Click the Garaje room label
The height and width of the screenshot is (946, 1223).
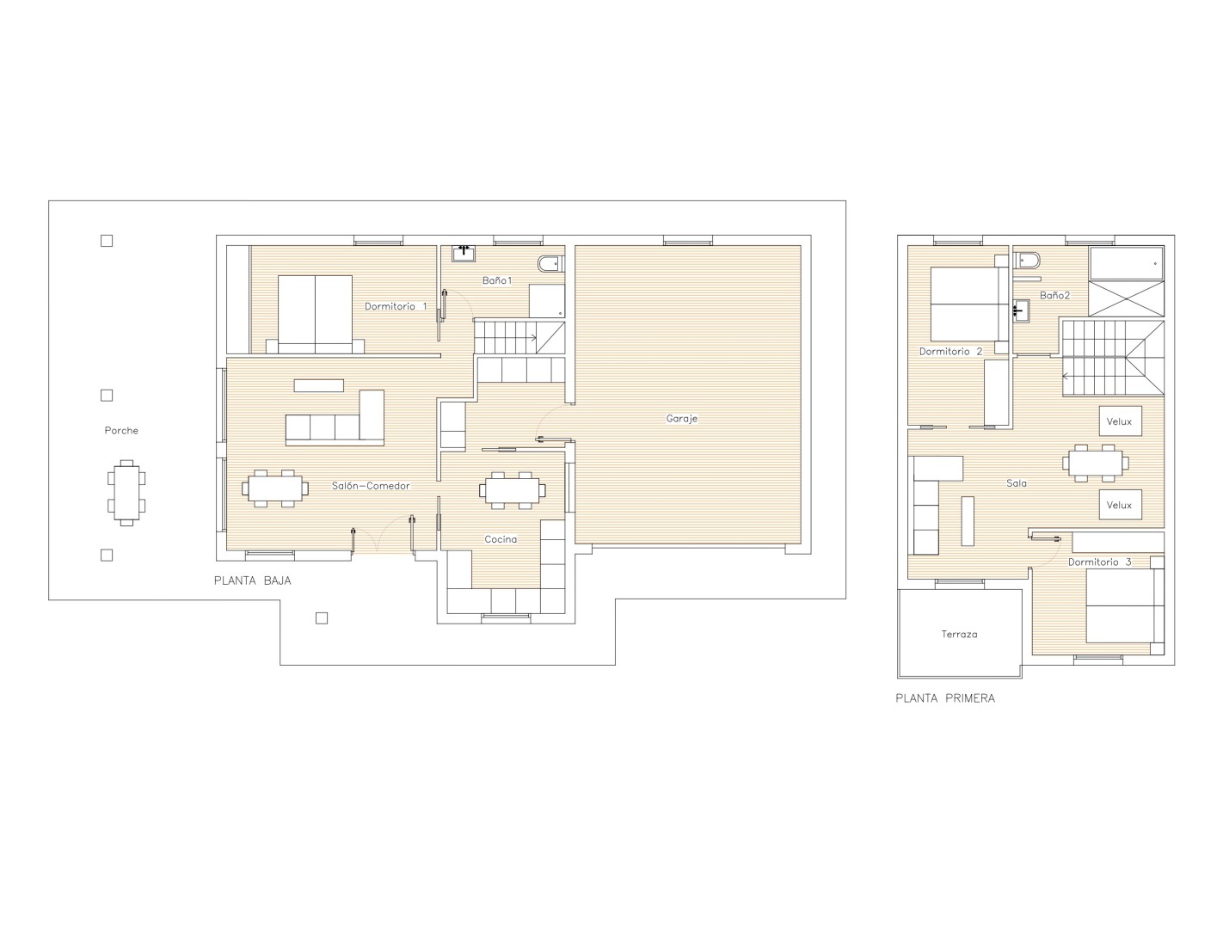pyautogui.click(x=681, y=419)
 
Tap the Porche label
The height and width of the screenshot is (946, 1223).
pyautogui.click(x=121, y=431)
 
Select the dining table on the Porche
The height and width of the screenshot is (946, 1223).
pyautogui.click(x=126, y=493)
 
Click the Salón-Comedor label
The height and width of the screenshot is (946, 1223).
pyautogui.click(x=371, y=486)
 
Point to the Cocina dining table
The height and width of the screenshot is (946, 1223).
pyautogui.click(x=512, y=490)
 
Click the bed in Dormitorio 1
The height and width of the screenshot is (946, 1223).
pyautogui.click(x=315, y=314)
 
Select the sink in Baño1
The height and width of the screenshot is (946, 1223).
pyautogui.click(x=464, y=253)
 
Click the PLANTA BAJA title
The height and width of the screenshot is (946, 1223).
pyautogui.click(x=252, y=580)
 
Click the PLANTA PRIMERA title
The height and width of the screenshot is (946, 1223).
pyautogui.click(x=945, y=698)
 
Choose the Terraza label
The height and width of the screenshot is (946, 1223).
pyautogui.click(x=959, y=634)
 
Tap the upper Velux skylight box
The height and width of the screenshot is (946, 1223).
pyautogui.click(x=1120, y=421)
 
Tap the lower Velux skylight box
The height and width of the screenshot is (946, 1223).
pyautogui.click(x=1120, y=504)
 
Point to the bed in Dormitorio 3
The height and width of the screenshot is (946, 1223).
pyautogui.click(x=1124, y=605)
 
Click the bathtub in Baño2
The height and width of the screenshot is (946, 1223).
pyautogui.click(x=1126, y=262)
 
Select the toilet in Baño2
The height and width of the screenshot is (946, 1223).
pyautogui.click(x=1027, y=261)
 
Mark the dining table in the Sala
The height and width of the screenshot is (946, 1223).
pyautogui.click(x=1095, y=464)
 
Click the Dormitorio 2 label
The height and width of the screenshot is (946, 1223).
pyautogui.click(x=950, y=352)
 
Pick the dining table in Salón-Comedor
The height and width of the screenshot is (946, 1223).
pyautogui.click(x=275, y=488)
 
